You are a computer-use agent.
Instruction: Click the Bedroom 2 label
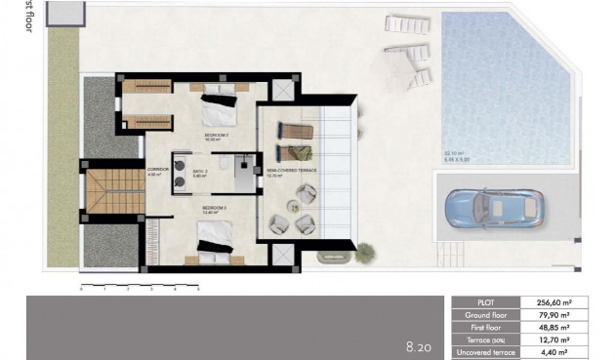click(x=216, y=135)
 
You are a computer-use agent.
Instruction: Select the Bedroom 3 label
click(x=216, y=210)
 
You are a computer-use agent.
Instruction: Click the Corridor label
click(x=157, y=171)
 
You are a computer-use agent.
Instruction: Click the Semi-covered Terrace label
click(x=292, y=171)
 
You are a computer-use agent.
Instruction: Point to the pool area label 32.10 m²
click(x=457, y=153)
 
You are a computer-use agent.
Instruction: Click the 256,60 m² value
click(x=569, y=302)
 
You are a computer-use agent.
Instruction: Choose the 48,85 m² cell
click(x=569, y=328)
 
